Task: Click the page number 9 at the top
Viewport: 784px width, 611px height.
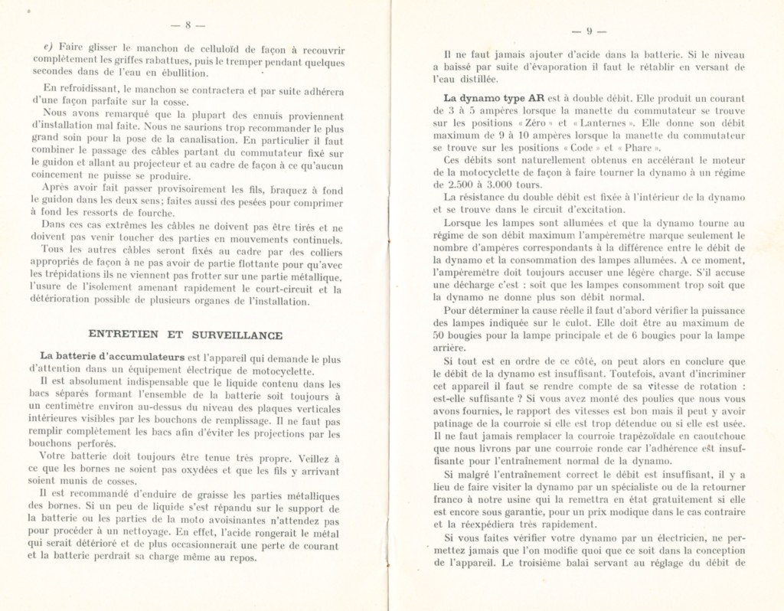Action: click(590, 31)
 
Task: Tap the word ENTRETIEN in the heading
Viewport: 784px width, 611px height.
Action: click(119, 335)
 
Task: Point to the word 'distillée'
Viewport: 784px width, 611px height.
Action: click(475, 79)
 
